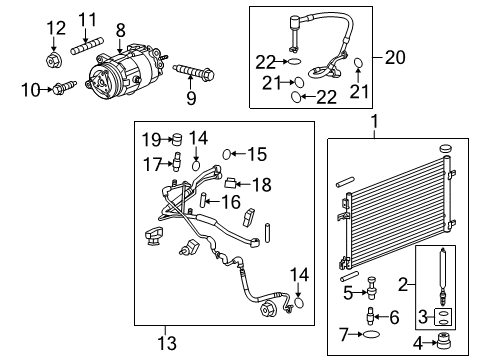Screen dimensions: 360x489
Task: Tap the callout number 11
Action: pyautogui.click(x=89, y=19)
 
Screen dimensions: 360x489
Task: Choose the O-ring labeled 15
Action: pyautogui.click(x=229, y=154)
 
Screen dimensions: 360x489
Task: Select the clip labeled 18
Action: pyautogui.click(x=230, y=182)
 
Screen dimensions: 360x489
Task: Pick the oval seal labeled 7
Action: pyautogui.click(x=373, y=333)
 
